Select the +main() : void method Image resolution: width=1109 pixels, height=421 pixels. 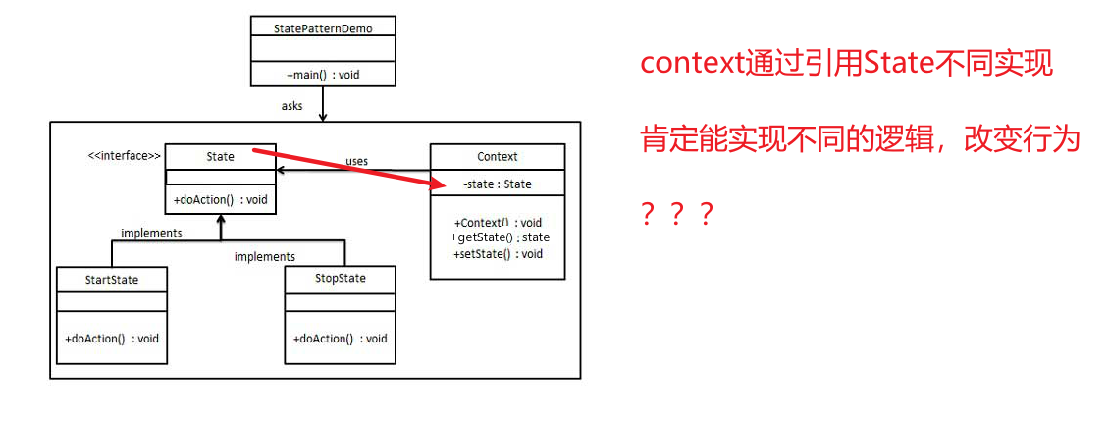323,75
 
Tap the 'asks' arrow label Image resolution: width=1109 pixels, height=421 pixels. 291,104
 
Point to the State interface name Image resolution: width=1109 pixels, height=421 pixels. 220,156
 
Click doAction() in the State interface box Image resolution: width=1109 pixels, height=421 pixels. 220,200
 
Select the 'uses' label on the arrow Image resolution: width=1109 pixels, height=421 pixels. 356,161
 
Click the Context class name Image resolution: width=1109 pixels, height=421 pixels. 498,156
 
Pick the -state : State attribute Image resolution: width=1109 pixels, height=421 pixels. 498,184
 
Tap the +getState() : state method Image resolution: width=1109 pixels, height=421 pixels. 500,237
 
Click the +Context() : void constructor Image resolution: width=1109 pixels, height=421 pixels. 498,223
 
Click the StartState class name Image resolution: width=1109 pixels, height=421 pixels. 111,280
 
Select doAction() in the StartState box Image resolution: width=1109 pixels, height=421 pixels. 112,339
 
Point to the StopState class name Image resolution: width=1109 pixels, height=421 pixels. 340,279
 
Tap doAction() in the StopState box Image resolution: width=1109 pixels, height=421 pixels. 340,339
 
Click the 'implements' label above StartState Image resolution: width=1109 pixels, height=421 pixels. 151,233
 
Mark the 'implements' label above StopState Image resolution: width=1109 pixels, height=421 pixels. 264,256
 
